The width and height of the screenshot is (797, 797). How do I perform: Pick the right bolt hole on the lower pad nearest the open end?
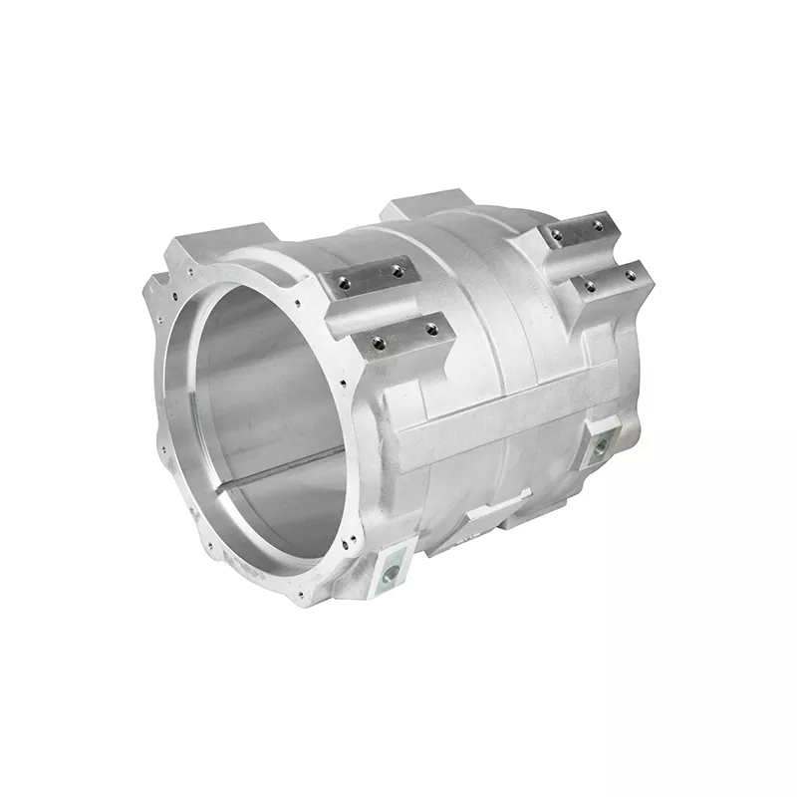click(x=430, y=328)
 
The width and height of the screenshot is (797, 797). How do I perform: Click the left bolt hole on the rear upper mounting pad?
click(x=556, y=236)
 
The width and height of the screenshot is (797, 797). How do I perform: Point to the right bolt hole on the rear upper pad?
click(x=598, y=225)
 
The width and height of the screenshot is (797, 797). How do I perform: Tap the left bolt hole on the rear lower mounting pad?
click(x=590, y=287)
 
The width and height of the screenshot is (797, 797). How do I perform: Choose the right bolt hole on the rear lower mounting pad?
click(x=630, y=276)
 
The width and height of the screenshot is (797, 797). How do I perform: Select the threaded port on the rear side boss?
click(x=601, y=447)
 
